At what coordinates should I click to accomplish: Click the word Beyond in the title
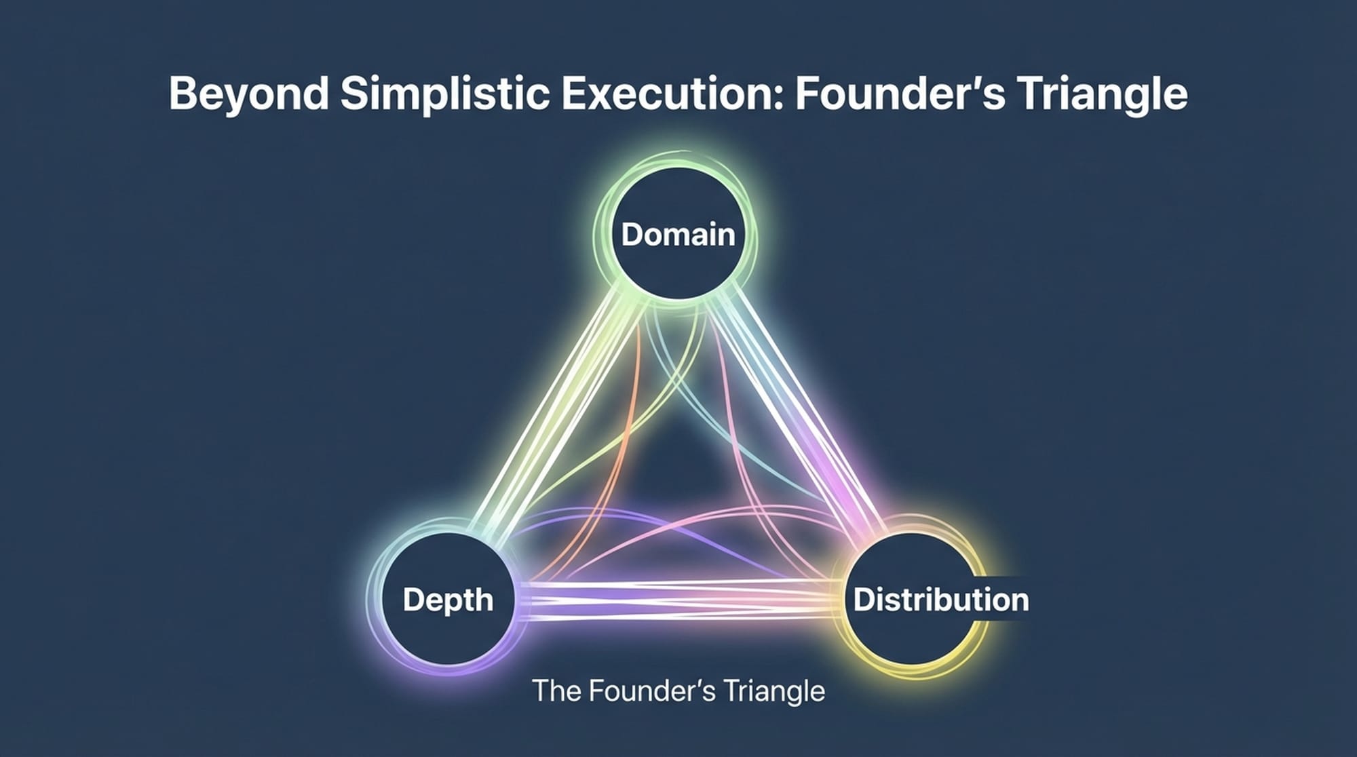248,94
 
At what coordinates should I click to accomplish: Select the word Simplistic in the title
444,94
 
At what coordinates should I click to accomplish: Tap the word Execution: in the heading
672,94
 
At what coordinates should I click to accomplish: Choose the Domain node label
678,235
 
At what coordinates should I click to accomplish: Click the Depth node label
448,600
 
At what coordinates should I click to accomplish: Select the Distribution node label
940,600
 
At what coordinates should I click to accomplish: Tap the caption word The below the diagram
556,691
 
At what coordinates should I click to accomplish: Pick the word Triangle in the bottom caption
773,691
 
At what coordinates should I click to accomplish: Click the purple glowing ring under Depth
434,667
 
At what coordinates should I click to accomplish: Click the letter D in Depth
413,600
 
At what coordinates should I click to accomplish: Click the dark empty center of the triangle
678,475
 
